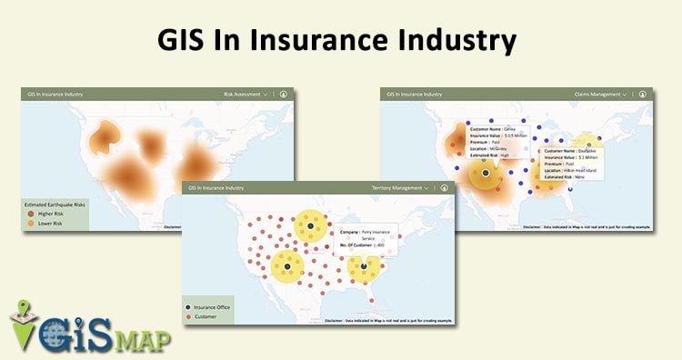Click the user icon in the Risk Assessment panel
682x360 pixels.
283,94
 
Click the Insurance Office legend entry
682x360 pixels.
212,307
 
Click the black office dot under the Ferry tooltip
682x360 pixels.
311,225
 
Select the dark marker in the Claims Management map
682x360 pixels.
486,172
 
